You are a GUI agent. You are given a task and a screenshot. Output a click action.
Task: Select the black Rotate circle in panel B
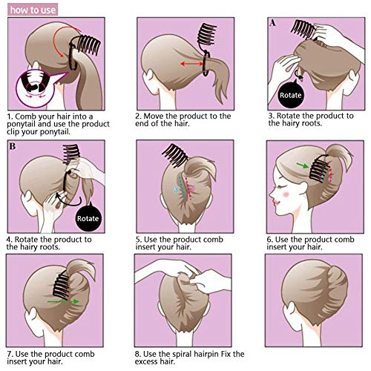click(88, 220)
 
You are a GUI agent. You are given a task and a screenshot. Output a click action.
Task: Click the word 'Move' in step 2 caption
click(159, 117)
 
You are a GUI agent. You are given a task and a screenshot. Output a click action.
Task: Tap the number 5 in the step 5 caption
click(139, 239)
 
